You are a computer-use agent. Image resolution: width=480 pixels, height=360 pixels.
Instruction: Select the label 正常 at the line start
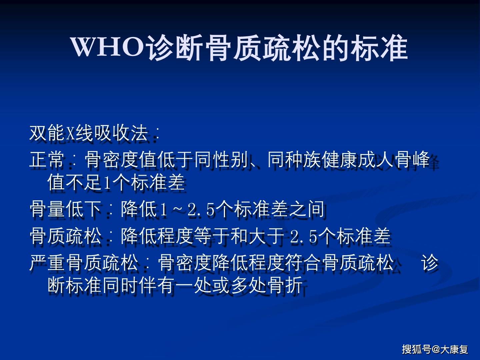47,160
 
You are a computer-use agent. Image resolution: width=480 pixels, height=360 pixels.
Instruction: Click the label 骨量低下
65,209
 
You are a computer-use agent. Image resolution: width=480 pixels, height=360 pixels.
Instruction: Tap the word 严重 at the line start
47,263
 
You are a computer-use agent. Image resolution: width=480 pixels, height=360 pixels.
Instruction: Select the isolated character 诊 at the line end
430,263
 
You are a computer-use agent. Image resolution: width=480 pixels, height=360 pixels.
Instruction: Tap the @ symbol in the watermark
436,349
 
